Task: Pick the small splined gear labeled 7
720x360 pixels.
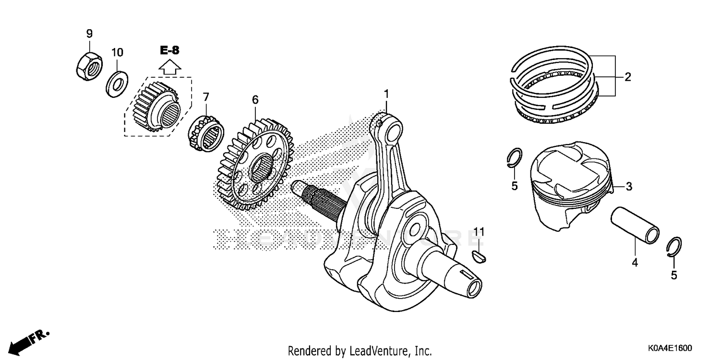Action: click(x=206, y=131)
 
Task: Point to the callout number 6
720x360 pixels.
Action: click(x=255, y=99)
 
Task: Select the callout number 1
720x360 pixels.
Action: click(x=386, y=94)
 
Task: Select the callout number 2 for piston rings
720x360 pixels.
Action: click(x=627, y=77)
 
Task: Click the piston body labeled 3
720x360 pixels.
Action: click(x=571, y=185)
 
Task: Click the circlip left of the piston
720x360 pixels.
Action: click(x=515, y=158)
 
